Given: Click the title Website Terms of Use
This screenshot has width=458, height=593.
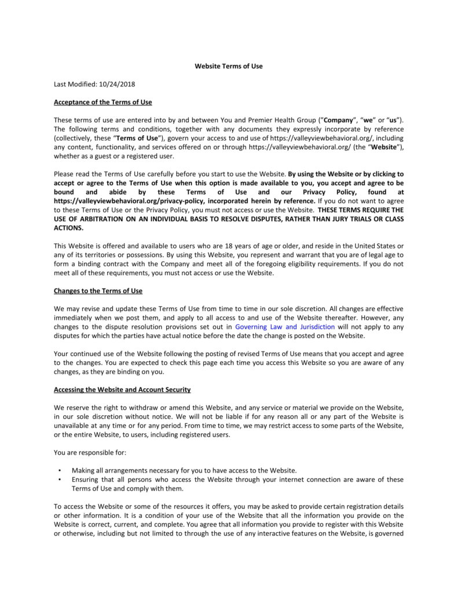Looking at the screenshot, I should (x=228, y=66).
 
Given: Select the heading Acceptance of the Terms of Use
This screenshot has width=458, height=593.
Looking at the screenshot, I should (x=102, y=102).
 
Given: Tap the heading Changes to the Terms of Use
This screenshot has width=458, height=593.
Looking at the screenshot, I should (x=98, y=291).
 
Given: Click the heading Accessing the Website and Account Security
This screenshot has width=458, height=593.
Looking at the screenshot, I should (x=122, y=390).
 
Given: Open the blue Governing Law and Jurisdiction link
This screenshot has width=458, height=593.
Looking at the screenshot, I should (x=284, y=327).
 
